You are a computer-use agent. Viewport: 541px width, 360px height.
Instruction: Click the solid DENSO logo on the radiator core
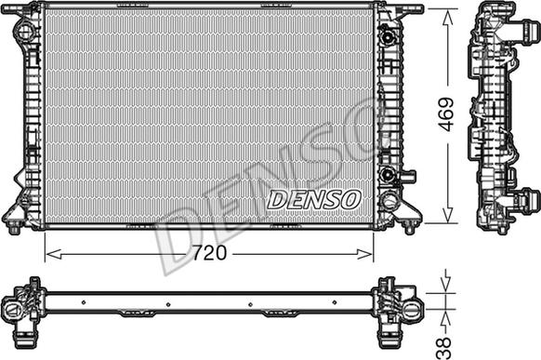point(313,199)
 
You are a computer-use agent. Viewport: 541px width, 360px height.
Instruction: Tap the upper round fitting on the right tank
point(389,36)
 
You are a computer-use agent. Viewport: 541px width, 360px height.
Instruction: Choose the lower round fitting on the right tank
point(387,174)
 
